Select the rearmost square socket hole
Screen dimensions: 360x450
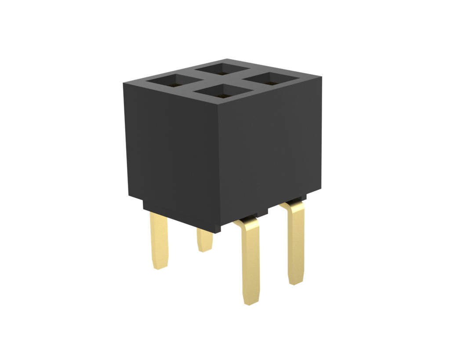coord(222,69)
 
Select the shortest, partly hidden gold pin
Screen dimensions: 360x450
coord(205,240)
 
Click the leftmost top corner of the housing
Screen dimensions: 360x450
coord(123,83)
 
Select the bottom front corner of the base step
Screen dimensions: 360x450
coord(221,232)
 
